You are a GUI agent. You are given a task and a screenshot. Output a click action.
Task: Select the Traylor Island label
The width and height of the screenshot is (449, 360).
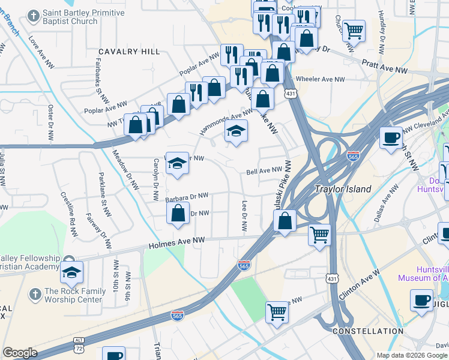343,189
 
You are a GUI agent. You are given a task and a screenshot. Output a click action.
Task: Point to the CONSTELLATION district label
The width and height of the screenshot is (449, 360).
368,331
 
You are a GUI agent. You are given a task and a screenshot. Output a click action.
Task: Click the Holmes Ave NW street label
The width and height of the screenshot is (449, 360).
177,241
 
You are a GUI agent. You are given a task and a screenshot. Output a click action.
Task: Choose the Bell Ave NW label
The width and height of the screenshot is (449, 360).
264,171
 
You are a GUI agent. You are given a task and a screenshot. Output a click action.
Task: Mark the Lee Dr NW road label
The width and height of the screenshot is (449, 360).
244,216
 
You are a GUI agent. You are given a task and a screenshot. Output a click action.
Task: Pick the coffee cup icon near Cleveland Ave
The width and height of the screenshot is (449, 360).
391,137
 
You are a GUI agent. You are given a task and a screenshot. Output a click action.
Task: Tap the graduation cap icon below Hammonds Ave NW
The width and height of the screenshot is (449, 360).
236,131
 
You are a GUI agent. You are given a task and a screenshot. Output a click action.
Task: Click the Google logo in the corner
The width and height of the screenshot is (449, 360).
20,353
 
